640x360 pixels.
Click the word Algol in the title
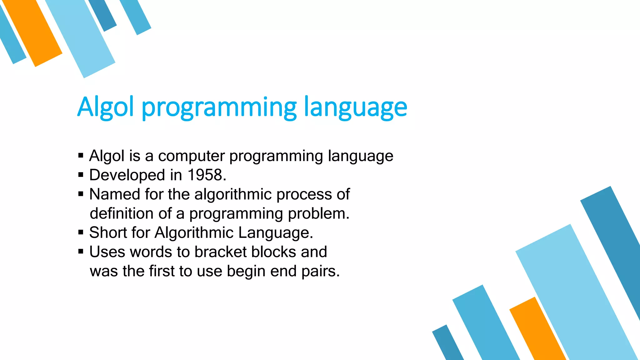(x=106, y=107)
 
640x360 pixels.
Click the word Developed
(x=127, y=175)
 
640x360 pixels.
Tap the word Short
(x=108, y=232)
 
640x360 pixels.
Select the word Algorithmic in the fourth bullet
(x=194, y=232)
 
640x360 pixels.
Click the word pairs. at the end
(x=321, y=271)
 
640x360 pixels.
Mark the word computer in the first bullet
(x=191, y=156)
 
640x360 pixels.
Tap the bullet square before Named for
(x=81, y=194)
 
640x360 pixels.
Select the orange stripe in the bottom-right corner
(x=539, y=331)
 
